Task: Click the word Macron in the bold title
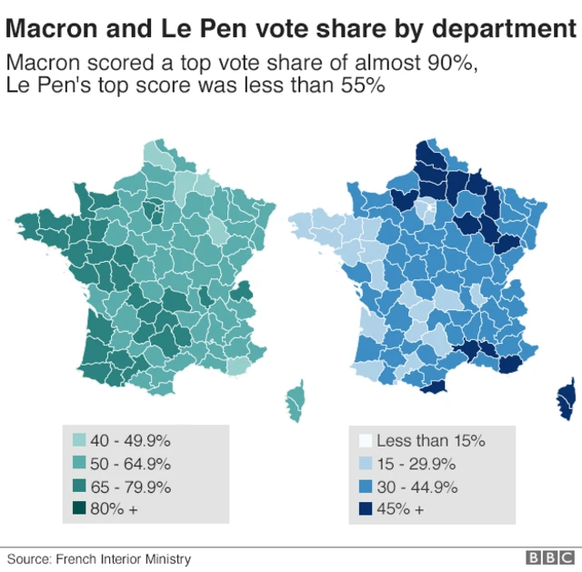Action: (47, 29)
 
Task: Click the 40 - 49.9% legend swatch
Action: (79, 441)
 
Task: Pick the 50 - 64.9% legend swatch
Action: (79, 464)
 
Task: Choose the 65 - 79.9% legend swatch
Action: (79, 487)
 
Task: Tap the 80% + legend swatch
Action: (79, 509)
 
